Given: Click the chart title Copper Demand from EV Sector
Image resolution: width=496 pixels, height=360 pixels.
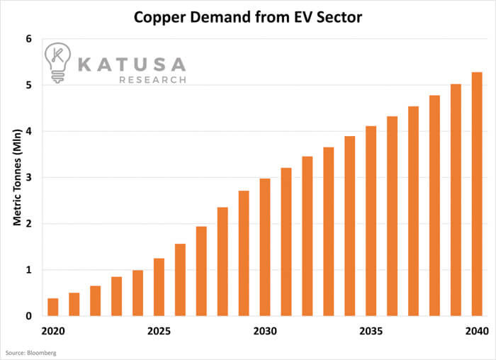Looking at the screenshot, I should (247, 15).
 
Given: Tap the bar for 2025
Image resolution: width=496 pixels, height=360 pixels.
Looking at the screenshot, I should (159, 287).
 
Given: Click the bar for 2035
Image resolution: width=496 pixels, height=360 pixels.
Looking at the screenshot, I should (371, 220).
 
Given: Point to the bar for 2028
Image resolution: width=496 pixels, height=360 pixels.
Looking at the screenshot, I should (222, 261).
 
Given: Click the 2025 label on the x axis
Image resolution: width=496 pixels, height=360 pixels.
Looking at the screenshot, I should (159, 332).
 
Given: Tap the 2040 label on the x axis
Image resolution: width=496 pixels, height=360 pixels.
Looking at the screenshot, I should (477, 332).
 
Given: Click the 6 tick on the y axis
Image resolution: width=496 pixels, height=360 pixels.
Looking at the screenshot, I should (29, 39).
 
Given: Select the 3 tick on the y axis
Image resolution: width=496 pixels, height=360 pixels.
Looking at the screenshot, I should (29, 177).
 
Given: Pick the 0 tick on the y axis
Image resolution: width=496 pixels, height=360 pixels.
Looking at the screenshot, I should (29, 316).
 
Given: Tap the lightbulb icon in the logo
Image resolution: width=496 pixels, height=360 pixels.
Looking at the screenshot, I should (57, 64).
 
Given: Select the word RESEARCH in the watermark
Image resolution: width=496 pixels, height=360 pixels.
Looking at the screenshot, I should (153, 80).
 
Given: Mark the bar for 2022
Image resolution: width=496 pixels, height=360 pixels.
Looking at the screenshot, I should (96, 300).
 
